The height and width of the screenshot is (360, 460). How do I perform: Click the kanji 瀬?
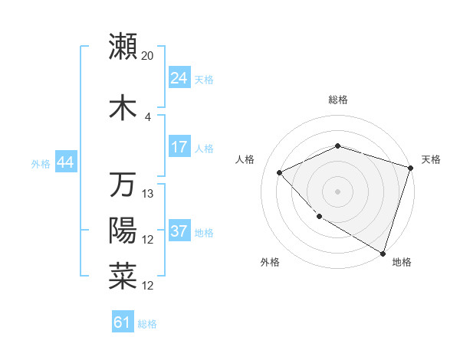123,47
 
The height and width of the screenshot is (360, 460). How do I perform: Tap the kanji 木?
123,108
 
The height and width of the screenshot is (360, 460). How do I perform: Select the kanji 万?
123,185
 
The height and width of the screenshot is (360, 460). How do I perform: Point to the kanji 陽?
123,231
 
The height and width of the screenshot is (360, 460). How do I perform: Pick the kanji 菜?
123,277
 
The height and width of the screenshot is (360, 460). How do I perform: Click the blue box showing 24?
179,78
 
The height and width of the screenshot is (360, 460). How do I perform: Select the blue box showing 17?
179,147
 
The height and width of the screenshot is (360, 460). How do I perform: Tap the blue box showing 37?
179,231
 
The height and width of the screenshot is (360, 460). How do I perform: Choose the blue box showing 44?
65,162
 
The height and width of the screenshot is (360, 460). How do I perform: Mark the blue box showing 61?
123,323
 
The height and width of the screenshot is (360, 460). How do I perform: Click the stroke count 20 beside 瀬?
148,55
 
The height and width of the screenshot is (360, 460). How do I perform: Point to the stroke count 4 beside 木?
148,116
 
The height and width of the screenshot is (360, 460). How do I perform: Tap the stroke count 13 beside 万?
148,193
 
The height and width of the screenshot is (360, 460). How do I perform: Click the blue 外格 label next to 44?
40,163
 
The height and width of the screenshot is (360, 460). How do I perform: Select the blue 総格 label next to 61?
147,324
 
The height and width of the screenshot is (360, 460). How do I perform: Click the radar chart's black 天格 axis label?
431,159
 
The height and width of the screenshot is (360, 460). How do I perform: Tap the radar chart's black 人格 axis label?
245,159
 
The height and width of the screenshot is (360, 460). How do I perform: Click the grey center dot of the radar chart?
337,191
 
